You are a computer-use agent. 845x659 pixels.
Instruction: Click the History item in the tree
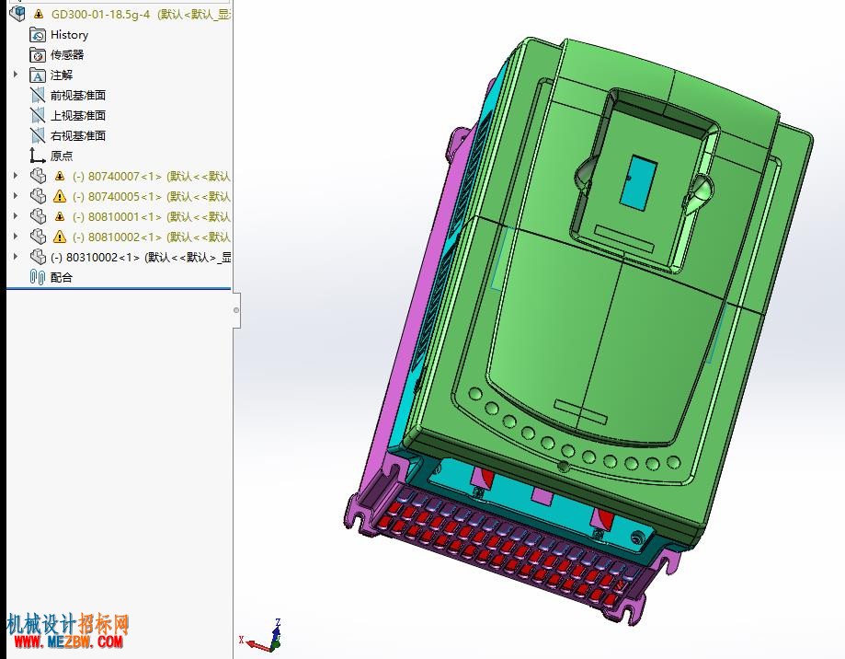69,35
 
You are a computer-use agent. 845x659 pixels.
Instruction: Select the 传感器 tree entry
67,55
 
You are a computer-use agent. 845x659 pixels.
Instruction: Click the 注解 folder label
62,75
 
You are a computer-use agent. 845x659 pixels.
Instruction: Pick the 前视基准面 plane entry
77,96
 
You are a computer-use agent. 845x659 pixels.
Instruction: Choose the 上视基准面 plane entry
77,115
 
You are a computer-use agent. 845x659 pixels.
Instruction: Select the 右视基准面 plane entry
77,136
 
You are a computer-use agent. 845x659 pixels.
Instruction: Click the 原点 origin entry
62,156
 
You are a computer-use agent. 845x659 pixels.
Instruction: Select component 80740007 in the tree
152,177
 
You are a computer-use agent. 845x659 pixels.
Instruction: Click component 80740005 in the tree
152,197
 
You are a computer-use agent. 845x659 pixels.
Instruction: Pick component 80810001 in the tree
152,217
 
